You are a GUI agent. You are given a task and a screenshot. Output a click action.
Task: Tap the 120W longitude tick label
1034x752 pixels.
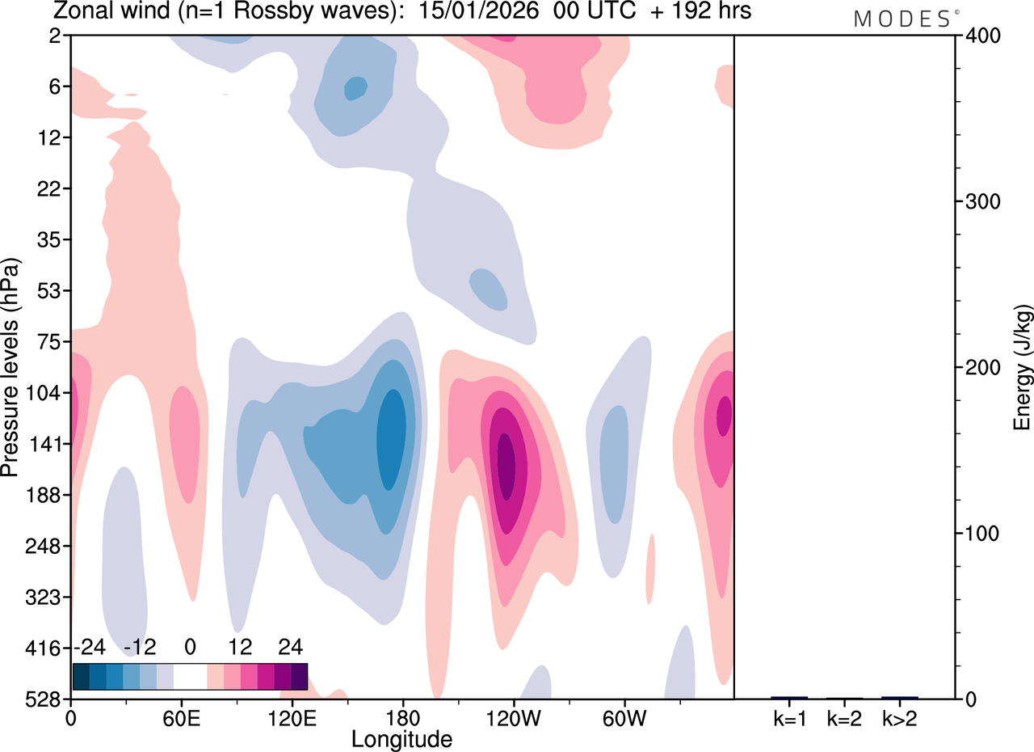pyautogui.click(x=513, y=719)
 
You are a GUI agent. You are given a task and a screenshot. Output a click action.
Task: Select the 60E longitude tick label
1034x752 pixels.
pyautogui.click(x=182, y=719)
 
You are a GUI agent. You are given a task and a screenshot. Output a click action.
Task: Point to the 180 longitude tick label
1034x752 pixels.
pyautogui.click(x=403, y=719)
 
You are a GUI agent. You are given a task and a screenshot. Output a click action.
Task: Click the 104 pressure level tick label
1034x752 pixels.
pyautogui.click(x=43, y=393)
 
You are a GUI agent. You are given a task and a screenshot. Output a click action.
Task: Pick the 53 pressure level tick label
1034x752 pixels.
pyautogui.click(x=48, y=291)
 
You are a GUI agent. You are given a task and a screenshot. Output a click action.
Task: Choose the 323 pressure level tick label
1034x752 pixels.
pyautogui.click(x=43, y=598)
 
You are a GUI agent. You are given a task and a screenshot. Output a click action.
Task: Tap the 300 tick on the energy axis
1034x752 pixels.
pyautogui.click(x=983, y=202)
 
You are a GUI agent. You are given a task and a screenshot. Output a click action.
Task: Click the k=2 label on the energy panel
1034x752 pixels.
pyautogui.click(x=844, y=719)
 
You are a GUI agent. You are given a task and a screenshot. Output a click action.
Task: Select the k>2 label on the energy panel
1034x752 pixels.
pyautogui.click(x=900, y=719)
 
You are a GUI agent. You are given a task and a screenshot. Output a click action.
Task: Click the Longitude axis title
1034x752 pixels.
pyautogui.click(x=401, y=740)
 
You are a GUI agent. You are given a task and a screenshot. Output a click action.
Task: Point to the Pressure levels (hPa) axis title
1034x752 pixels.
pyautogui.click(x=11, y=367)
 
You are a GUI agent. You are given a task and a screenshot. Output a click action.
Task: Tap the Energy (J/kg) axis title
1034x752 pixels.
pyautogui.click(x=1023, y=367)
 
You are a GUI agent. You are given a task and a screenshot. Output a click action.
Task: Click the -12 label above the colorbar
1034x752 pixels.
pyautogui.click(x=140, y=647)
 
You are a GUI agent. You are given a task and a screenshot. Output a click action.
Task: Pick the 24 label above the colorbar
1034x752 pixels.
pyautogui.click(x=290, y=647)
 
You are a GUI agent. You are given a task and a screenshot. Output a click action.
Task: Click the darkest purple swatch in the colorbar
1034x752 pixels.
pyautogui.click(x=299, y=676)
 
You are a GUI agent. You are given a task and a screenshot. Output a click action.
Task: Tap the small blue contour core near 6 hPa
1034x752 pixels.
pyautogui.click(x=355, y=88)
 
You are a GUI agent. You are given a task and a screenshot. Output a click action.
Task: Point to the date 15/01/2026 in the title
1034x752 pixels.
pyautogui.click(x=478, y=11)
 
